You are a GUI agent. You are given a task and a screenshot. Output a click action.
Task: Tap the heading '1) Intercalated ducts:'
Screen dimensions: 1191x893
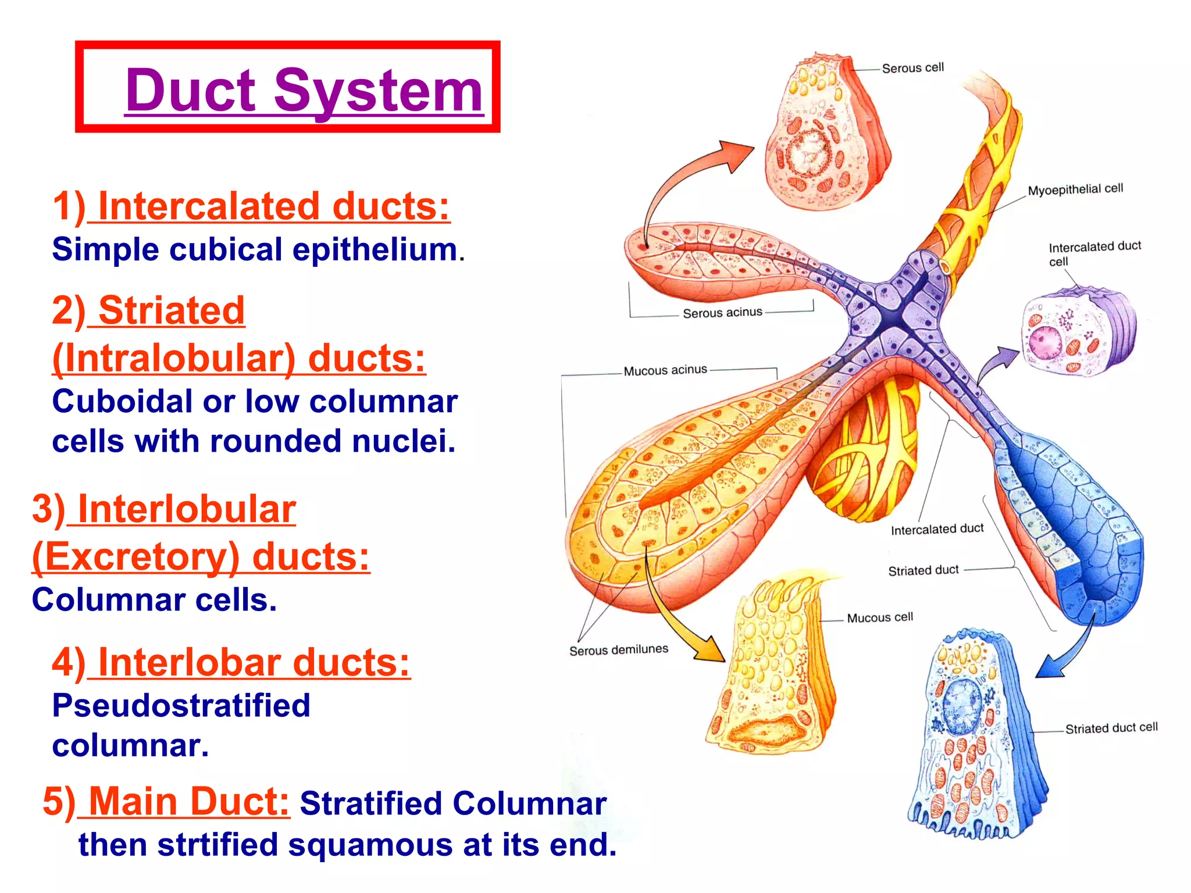coord(251,206)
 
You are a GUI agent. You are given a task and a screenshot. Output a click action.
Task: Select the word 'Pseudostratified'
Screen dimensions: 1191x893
coord(181,706)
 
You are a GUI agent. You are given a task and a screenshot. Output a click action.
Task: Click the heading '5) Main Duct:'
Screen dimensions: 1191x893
coord(166,802)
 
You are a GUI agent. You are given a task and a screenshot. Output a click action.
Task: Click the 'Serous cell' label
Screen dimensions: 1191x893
coord(912,68)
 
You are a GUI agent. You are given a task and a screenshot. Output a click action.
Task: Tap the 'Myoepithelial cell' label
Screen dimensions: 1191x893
coord(1075,190)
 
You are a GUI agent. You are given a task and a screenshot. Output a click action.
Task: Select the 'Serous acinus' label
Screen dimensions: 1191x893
coord(722,313)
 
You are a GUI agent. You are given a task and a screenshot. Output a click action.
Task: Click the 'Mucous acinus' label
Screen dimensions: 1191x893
coord(665,370)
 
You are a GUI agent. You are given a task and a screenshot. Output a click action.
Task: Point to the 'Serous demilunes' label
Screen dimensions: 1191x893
coord(619,650)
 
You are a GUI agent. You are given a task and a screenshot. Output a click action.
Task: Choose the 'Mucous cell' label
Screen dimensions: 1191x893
coord(880,617)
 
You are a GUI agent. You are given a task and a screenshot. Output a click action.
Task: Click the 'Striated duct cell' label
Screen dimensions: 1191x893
coord(1111,728)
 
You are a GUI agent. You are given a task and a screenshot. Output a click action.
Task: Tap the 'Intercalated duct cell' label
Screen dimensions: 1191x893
coord(1094,253)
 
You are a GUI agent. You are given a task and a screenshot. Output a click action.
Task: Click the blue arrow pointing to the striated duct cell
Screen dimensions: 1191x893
coord(1070,650)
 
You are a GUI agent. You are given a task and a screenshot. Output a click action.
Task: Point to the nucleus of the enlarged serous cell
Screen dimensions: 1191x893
coord(808,152)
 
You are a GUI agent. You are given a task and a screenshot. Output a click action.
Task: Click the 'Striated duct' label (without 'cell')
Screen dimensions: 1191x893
coord(923,570)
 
